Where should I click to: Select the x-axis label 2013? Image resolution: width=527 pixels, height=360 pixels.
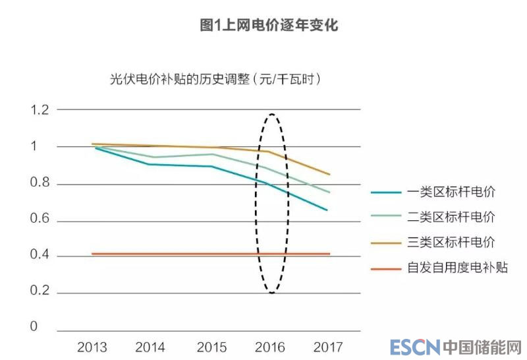pos(92,347)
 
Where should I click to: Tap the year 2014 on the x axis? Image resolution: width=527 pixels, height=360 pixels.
pos(150,347)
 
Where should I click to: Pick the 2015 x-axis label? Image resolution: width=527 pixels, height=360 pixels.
pos(211,347)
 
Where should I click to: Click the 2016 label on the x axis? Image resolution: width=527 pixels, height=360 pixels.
pos(269,347)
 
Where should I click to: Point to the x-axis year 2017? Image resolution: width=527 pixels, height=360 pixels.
pos(328,347)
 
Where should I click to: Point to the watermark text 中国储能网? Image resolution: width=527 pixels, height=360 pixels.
pos(482,347)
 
